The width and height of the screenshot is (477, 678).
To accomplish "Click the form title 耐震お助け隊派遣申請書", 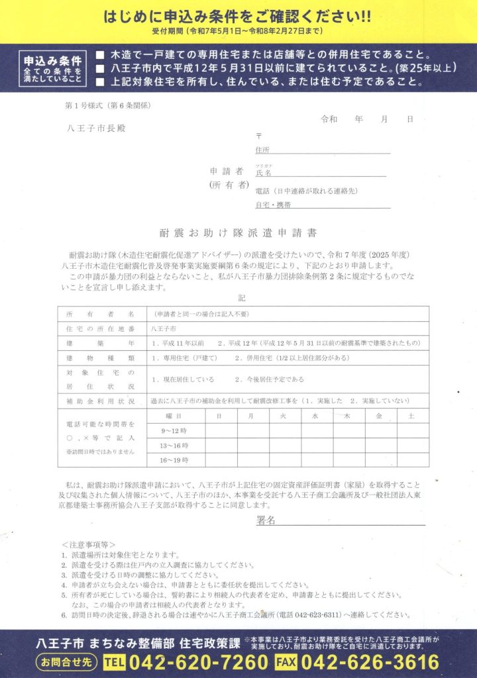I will (x=238, y=233).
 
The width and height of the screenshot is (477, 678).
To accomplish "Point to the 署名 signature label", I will (x=266, y=520).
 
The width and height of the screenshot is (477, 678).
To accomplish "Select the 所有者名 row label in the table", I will (x=100, y=314).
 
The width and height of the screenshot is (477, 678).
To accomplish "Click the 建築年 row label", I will (x=100, y=343).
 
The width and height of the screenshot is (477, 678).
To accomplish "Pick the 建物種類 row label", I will (x=100, y=358).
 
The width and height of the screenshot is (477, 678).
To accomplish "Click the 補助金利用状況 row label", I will (x=100, y=401).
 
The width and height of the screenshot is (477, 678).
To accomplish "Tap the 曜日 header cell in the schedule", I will (x=175, y=416).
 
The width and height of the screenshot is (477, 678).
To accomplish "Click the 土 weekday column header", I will (x=411, y=416).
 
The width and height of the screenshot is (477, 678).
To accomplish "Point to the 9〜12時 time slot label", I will (x=174, y=431).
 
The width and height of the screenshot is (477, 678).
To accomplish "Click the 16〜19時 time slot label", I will (x=174, y=460).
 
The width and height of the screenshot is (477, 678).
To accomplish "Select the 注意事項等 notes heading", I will (x=89, y=543).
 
